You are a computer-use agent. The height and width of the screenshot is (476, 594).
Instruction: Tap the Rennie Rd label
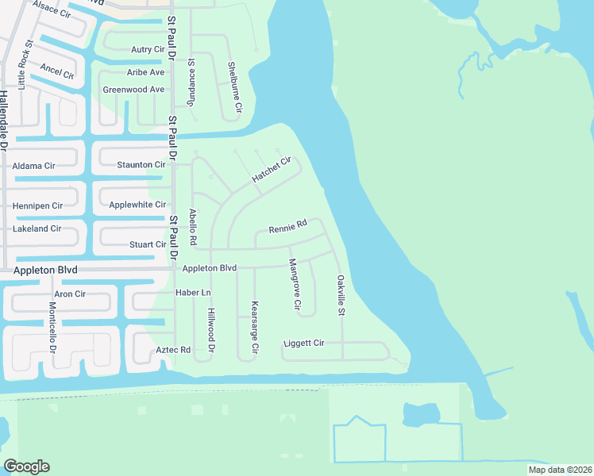click(x=287, y=227)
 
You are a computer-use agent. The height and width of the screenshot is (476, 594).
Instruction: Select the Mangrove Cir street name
click(x=295, y=283)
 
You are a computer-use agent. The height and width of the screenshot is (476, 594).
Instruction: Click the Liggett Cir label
click(x=304, y=344)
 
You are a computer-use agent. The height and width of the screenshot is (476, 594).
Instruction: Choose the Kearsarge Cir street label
click(x=255, y=327)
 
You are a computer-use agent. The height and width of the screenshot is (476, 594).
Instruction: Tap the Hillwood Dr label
click(x=212, y=331)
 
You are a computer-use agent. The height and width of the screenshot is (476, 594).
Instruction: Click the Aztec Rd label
click(x=174, y=350)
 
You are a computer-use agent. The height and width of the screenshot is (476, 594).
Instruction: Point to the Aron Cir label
click(x=70, y=294)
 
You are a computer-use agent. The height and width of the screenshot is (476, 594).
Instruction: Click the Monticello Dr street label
click(x=53, y=328)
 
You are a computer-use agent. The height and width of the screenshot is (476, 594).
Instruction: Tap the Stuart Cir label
click(x=148, y=245)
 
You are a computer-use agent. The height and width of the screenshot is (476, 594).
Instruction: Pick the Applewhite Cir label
click(x=137, y=205)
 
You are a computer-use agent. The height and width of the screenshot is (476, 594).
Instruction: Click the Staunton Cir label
click(x=141, y=164)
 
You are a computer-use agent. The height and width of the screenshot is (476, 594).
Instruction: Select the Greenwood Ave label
click(x=133, y=90)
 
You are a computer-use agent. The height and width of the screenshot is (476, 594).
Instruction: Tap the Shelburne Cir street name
click(x=236, y=86)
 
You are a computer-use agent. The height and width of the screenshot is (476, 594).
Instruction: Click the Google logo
click(x=27, y=466)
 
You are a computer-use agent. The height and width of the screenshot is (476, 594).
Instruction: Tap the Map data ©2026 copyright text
click(x=560, y=470)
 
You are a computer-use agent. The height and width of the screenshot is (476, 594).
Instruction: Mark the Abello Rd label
click(x=192, y=226)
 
